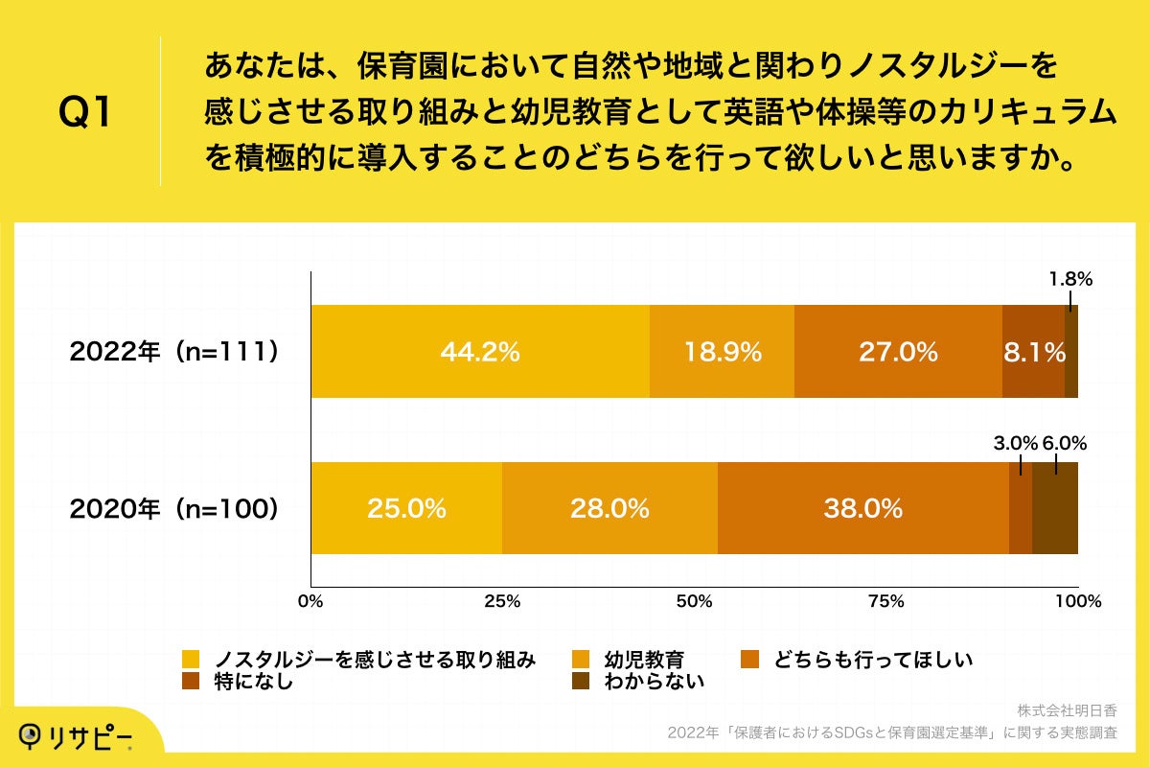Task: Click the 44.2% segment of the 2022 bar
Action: pyautogui.click(x=479, y=352)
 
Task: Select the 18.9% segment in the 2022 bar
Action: pyautogui.click(x=722, y=352)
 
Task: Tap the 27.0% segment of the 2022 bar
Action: pyautogui.click(x=898, y=352)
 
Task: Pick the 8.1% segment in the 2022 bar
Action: pyautogui.click(x=1034, y=352)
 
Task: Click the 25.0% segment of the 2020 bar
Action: pyautogui.click(x=406, y=508)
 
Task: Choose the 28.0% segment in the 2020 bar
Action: pyautogui.click(x=609, y=508)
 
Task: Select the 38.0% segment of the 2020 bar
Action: pyautogui.click(x=862, y=508)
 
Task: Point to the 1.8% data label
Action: pyautogui.click(x=1070, y=280)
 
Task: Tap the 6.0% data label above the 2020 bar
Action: pyautogui.click(x=1064, y=443)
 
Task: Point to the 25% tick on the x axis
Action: pyautogui.click(x=502, y=602)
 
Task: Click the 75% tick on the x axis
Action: pyautogui.click(x=885, y=602)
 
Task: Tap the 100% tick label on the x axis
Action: pyautogui.click(x=1078, y=602)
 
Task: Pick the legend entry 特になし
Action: pyautogui.click(x=253, y=682)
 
